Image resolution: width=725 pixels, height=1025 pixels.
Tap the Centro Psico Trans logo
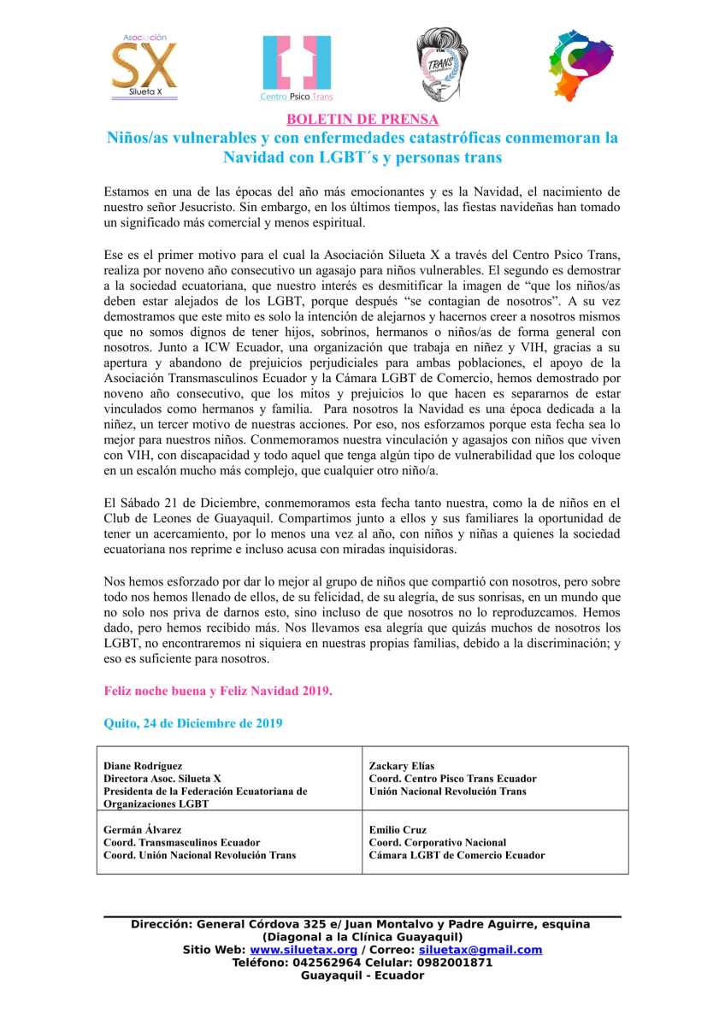(297, 67)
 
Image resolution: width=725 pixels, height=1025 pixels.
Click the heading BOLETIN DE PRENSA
(362, 120)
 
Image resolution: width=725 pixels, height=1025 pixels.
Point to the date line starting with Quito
(193, 722)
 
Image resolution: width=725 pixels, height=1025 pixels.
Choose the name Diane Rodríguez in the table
(143, 766)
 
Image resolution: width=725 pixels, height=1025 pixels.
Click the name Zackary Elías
(402, 766)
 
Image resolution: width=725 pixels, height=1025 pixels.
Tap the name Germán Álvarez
(140, 829)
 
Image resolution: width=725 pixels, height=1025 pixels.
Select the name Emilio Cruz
(398, 829)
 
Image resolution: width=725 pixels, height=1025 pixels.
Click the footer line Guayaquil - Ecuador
(362, 975)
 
